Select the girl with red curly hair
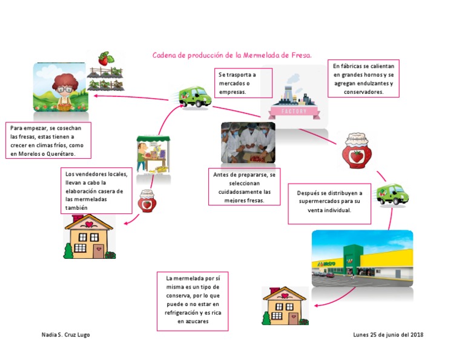(x=65, y=91)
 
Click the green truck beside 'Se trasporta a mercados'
(x=195, y=97)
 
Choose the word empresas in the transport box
(x=232, y=92)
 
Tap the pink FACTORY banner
(x=294, y=112)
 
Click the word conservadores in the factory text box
(x=363, y=92)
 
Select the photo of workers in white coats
(x=248, y=142)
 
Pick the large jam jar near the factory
(x=357, y=150)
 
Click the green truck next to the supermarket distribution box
(x=392, y=195)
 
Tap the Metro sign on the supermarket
(x=326, y=264)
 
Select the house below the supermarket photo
(x=285, y=305)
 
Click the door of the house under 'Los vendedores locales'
(x=99, y=250)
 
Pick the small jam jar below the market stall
(x=147, y=201)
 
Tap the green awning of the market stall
(x=153, y=139)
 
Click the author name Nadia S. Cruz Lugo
(x=65, y=335)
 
